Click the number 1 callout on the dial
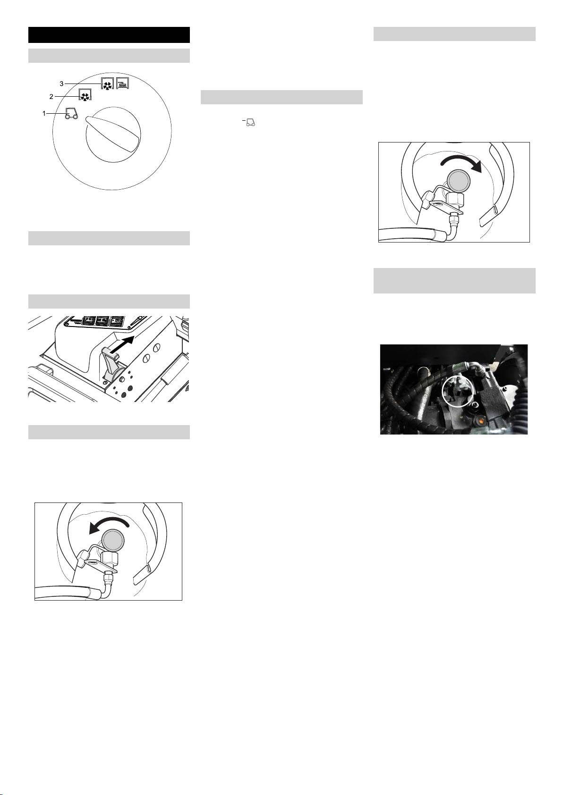point(44,114)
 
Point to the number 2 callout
point(51,97)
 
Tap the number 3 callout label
point(61,84)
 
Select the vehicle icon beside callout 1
point(71,114)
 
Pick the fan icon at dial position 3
point(107,83)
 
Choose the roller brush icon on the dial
point(122,83)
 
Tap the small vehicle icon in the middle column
point(250,123)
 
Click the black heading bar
point(109,35)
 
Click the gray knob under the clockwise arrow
point(458,181)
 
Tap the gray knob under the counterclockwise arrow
point(113,541)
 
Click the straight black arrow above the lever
point(122,344)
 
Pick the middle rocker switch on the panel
point(103,321)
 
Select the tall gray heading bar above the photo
point(454,281)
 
